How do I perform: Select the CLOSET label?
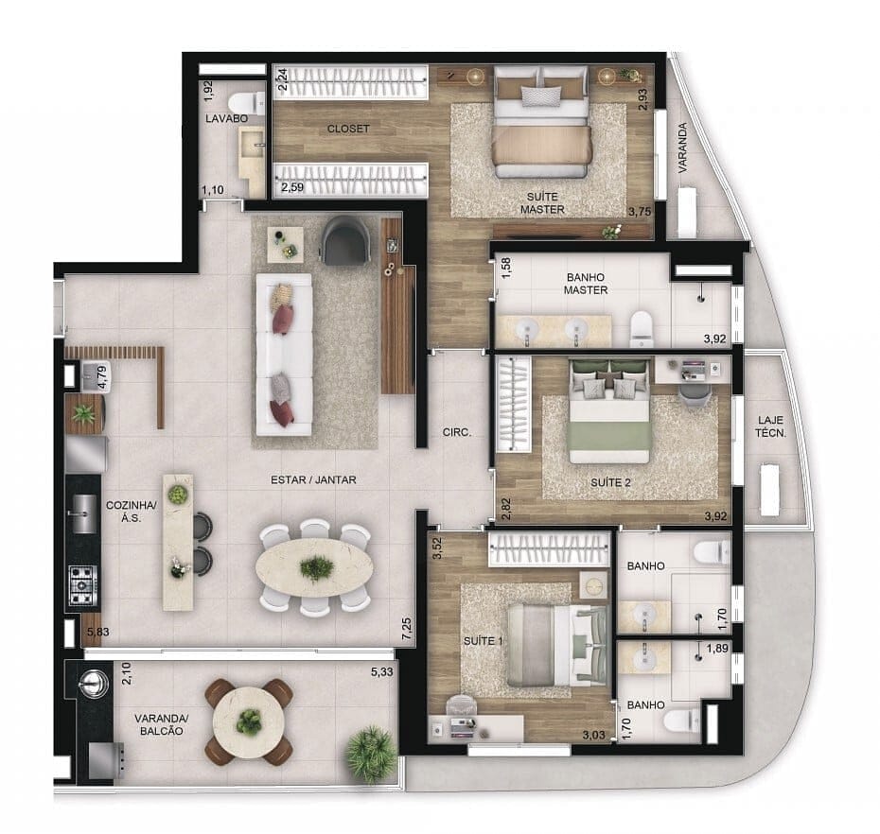click(348, 129)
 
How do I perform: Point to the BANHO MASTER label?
click(586, 284)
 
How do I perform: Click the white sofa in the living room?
click(284, 354)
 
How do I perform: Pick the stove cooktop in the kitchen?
click(82, 584)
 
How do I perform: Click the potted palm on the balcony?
click(371, 754)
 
